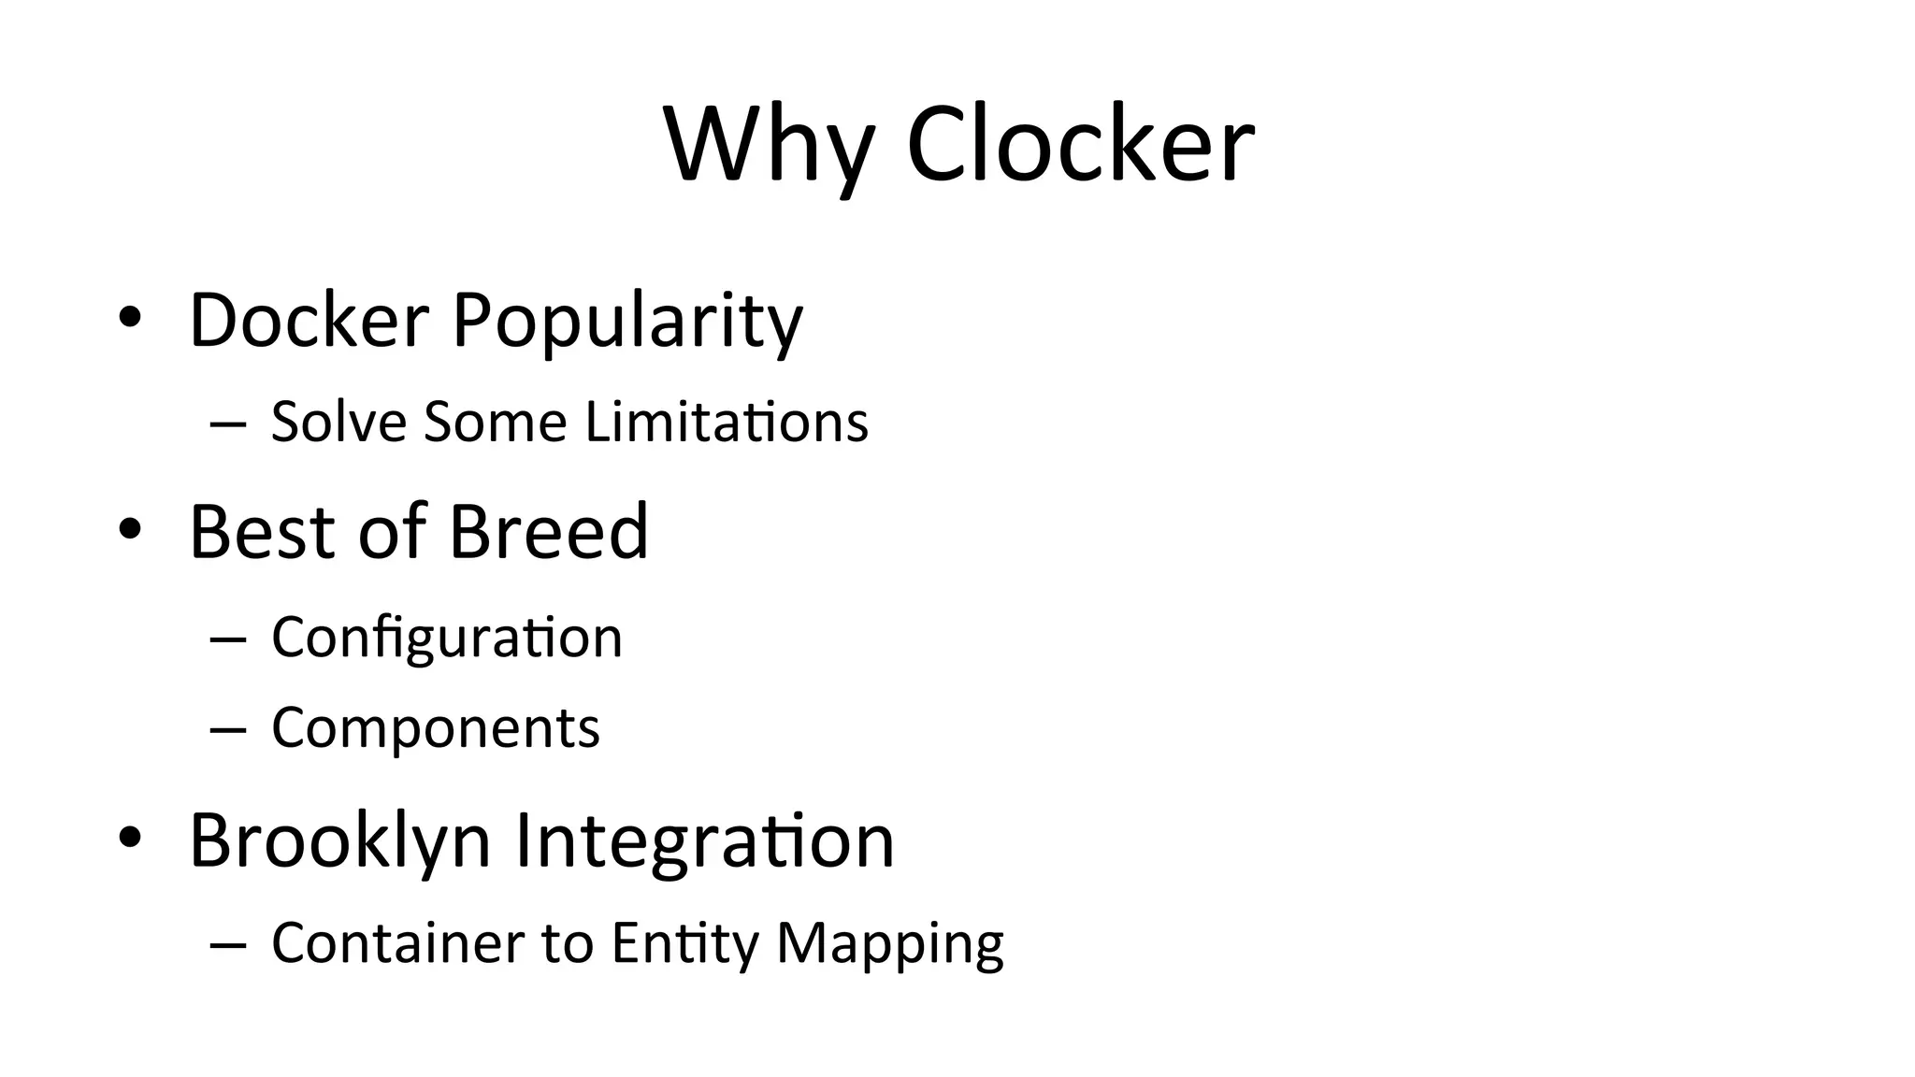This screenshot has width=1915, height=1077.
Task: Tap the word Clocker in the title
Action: coord(1080,145)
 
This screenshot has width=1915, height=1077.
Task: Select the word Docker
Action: coord(309,320)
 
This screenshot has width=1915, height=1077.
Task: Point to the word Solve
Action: coord(338,422)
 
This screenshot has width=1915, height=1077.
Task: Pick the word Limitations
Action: coord(727,422)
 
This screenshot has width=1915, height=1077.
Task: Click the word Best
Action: coord(262,531)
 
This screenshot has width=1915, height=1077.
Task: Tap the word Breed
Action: coord(549,531)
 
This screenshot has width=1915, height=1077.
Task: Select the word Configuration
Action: coord(447,639)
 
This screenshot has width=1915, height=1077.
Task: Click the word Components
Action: coord(436,728)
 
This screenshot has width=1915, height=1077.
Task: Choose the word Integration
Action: coord(705,840)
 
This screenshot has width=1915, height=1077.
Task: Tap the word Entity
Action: coord(685,944)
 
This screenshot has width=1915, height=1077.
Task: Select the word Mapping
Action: coord(890,944)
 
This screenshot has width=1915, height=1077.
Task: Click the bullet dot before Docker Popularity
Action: coord(130,318)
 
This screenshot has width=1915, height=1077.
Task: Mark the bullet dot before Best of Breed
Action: coord(130,529)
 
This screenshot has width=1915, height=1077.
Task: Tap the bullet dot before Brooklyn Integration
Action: coord(130,838)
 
